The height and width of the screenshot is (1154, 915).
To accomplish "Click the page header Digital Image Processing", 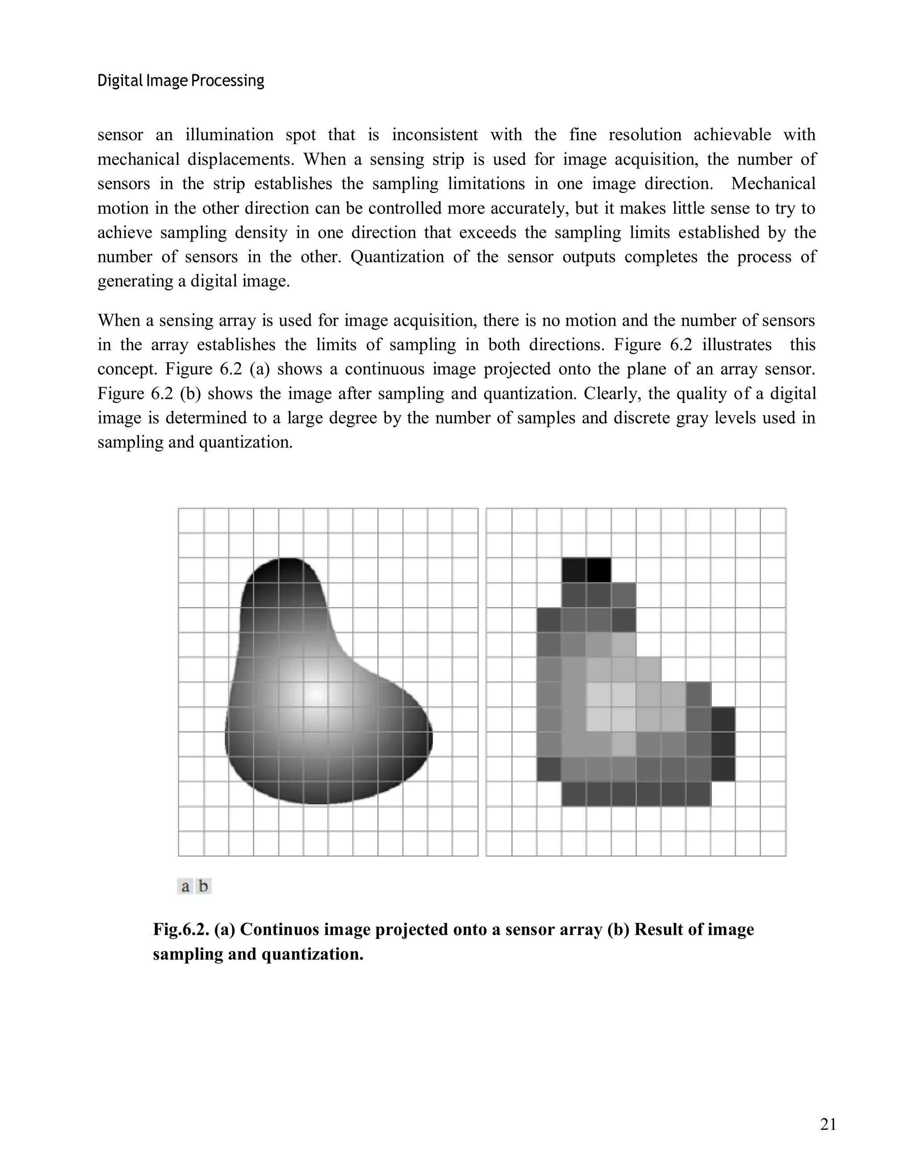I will (x=180, y=81).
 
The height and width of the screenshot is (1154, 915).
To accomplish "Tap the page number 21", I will (x=828, y=1124).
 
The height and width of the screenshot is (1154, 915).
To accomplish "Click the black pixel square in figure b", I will (x=598, y=570).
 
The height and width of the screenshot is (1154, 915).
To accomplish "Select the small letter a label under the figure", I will (x=185, y=886).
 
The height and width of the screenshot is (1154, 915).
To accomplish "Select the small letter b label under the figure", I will (x=203, y=886).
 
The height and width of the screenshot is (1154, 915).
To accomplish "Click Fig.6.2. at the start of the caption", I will (x=180, y=929).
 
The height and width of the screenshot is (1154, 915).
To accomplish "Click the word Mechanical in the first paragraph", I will (x=772, y=184).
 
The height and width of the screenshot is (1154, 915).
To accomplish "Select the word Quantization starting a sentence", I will (x=397, y=257).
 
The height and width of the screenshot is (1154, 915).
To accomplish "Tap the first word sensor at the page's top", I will (x=120, y=134).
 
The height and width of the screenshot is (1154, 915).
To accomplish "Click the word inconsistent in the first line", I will (x=434, y=134).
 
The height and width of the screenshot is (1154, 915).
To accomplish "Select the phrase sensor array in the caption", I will (x=553, y=929).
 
